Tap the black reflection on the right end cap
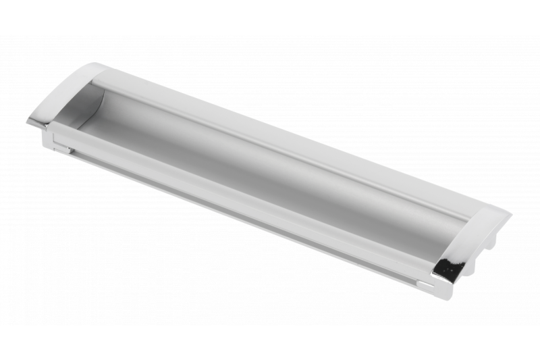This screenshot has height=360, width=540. point(448,269)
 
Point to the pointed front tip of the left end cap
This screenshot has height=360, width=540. point(30,121)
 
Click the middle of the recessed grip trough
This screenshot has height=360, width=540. point(270,169)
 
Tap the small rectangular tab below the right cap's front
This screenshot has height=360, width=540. point(425,284)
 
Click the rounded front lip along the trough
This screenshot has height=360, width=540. point(250,196)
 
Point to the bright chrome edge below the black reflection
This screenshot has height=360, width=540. point(449,278)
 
